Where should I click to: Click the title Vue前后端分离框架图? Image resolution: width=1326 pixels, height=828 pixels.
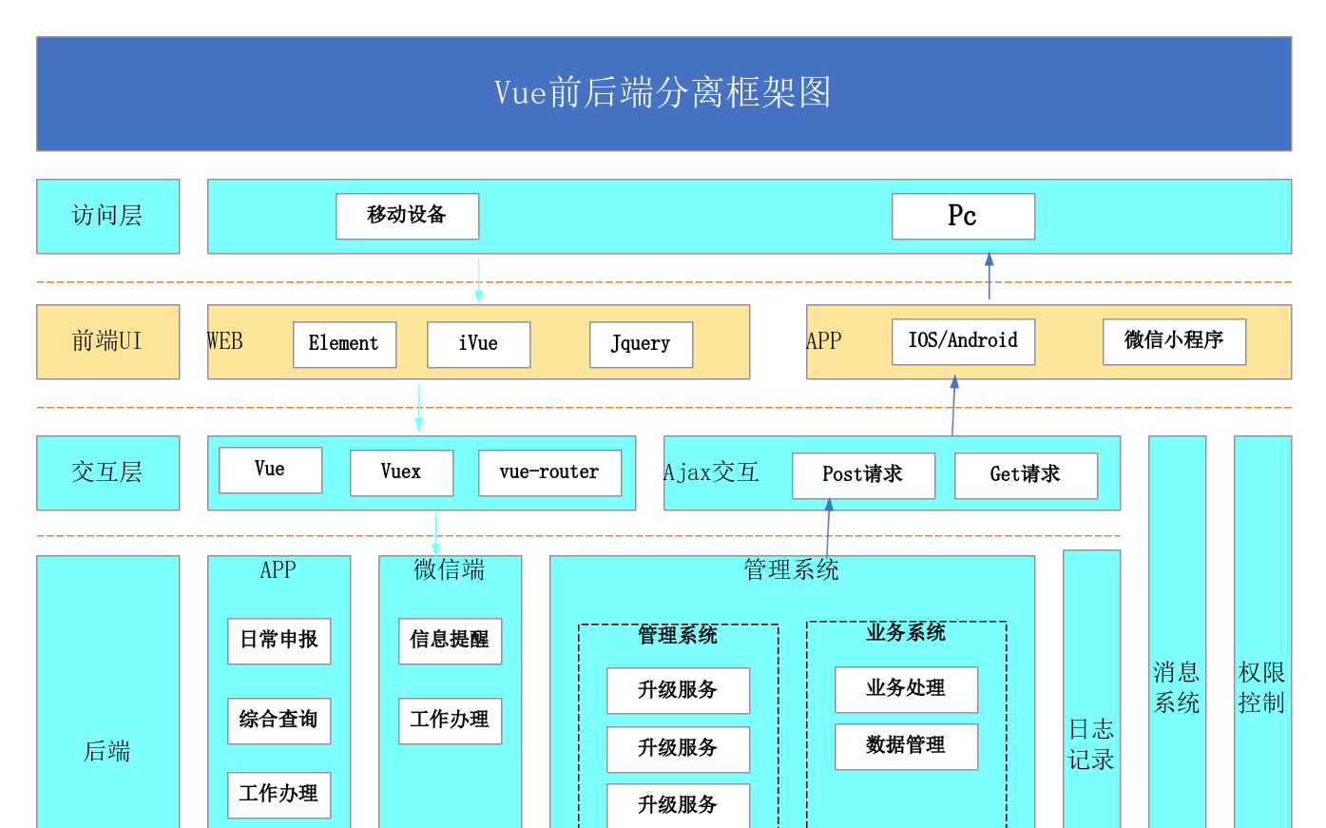coord(663,93)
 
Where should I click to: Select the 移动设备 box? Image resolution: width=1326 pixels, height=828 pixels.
coord(407,216)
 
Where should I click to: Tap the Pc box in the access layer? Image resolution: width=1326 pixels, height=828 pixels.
coord(963,216)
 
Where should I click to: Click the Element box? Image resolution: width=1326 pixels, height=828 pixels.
coord(344,344)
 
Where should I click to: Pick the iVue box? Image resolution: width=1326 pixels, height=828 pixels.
coord(478,344)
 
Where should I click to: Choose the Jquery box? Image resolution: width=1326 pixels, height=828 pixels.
coord(641,344)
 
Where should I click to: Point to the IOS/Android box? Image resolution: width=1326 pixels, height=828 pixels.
coord(963,341)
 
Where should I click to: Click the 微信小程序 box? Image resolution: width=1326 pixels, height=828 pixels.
coord(1174,341)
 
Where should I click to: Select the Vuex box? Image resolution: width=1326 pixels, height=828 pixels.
coord(401,472)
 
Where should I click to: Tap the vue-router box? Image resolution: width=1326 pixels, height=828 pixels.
coord(549,472)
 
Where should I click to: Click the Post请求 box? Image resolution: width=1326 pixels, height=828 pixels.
coord(863,475)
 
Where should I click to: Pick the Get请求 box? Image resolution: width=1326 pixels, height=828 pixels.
coord(1026,475)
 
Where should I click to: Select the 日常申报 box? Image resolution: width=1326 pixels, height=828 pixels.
coord(279,641)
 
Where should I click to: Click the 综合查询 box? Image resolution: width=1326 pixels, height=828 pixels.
coord(279,721)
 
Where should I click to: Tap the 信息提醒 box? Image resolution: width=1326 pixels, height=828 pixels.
coord(450,641)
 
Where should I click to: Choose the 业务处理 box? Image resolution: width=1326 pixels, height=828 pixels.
coord(906,689)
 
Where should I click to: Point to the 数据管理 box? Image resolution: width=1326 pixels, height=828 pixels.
coord(906,746)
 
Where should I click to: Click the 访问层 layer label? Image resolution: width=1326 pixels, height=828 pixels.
coord(107,216)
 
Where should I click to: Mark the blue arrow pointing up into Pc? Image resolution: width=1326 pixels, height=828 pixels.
coord(989,276)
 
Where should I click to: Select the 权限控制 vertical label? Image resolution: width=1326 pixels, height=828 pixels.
coord(1261,687)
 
